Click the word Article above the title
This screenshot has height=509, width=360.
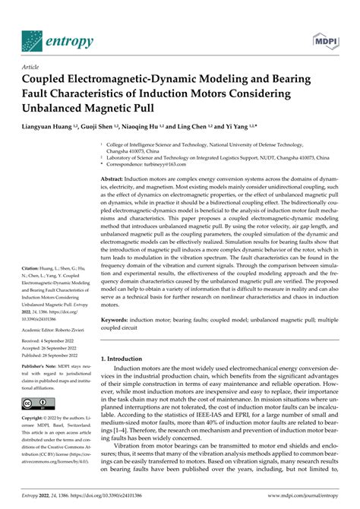pos(17,67)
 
